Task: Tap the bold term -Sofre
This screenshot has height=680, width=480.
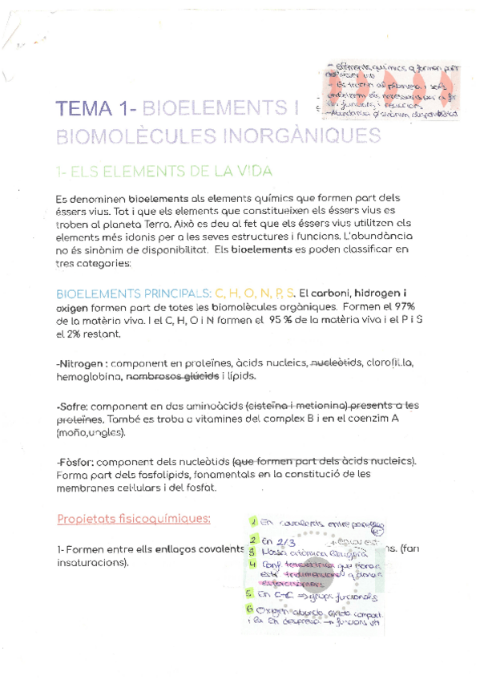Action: (x=74, y=407)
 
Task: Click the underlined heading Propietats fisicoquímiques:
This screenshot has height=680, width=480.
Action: (x=134, y=518)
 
